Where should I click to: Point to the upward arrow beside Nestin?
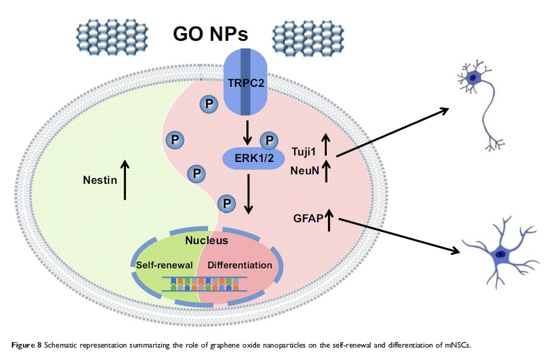point(125,179)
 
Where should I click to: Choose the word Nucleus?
point(207,241)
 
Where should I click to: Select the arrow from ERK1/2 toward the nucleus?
point(249,193)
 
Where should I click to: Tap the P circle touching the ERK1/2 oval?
point(269,141)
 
